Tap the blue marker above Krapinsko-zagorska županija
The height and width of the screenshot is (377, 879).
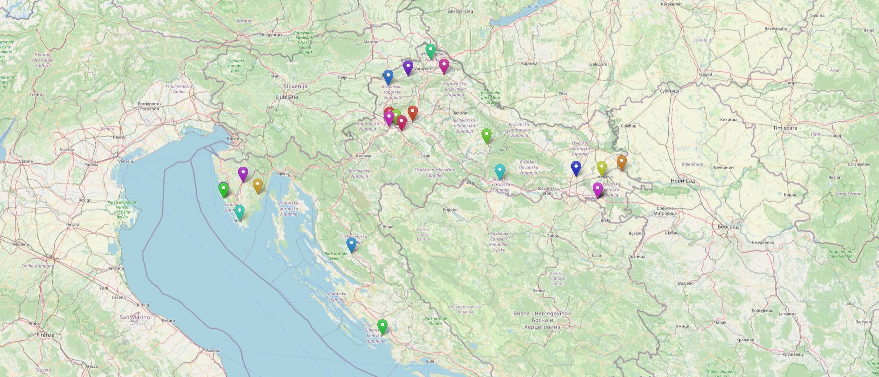point(388,76)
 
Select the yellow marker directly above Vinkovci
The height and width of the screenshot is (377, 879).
point(601,168)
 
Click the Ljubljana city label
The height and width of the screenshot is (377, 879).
point(287,97)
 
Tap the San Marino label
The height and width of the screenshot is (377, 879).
point(135,317)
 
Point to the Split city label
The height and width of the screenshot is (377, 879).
point(430,361)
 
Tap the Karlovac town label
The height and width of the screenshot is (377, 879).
point(364,156)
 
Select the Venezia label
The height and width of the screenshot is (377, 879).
point(126,161)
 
